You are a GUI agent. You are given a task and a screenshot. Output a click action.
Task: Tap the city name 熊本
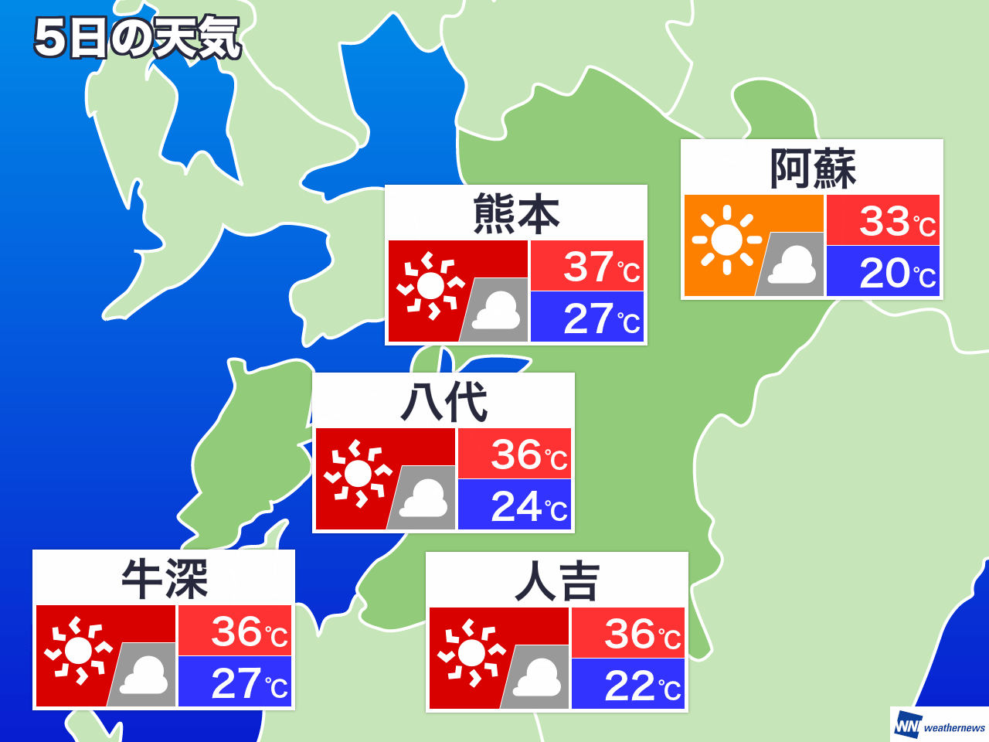pos(516,214)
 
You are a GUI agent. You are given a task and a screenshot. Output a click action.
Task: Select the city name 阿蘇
pos(813,168)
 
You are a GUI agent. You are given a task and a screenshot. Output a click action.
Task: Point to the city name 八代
pos(444,402)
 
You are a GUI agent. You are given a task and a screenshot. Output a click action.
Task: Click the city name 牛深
pos(165,579)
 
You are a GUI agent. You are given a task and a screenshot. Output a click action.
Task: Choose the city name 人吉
pos(557,581)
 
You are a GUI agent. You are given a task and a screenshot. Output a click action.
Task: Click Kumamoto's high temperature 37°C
pos(601,267)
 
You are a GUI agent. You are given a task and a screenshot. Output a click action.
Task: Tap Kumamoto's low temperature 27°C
pos(601,318)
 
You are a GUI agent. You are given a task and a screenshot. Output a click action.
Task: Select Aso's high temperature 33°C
pos(896,221)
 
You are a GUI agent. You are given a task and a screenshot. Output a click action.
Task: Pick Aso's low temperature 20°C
pos(896,272)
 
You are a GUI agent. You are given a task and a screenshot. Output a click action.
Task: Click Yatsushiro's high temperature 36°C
pos(528,454)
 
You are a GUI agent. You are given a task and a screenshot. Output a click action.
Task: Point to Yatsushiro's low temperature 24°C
pos(528,506)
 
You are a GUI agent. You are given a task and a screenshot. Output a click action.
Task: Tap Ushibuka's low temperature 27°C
pos(249,683)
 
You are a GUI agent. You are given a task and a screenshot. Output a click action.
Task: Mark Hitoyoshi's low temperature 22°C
pos(642,686)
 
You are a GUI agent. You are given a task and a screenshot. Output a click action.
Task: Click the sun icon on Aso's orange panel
pos(726,240)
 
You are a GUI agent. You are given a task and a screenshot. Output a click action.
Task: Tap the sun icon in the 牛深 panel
pos(78,651)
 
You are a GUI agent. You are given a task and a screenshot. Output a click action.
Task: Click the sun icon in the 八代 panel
pos(358,473)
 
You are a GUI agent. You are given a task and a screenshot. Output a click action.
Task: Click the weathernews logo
pos(940,726)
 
